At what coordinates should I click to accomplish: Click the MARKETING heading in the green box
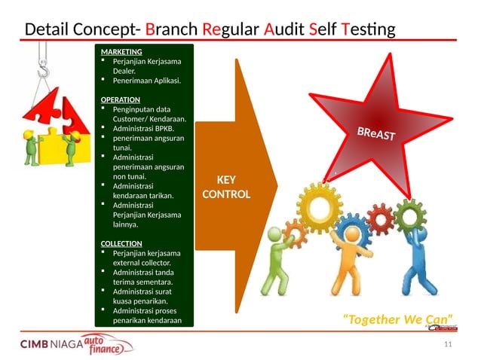pyautogui.click(x=116, y=51)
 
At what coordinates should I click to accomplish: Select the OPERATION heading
pyautogui.click(x=121, y=99)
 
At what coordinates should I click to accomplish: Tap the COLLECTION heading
pyautogui.click(x=122, y=243)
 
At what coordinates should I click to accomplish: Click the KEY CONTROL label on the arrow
pyautogui.click(x=225, y=187)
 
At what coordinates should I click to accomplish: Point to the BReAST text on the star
pyautogui.click(x=381, y=136)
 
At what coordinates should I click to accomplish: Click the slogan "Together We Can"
pyautogui.click(x=397, y=319)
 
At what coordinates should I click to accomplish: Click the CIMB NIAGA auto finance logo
pyautogui.click(x=75, y=345)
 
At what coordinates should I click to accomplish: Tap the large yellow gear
pyautogui.click(x=323, y=203)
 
